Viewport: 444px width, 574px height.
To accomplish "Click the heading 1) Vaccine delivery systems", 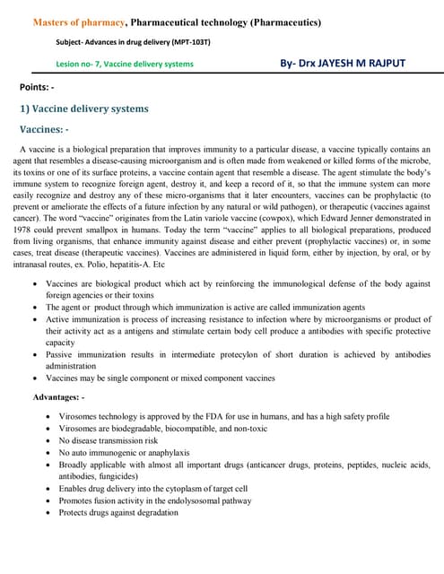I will click(x=84, y=109).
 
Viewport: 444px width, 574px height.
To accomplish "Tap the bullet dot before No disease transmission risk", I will click(x=48, y=441).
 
